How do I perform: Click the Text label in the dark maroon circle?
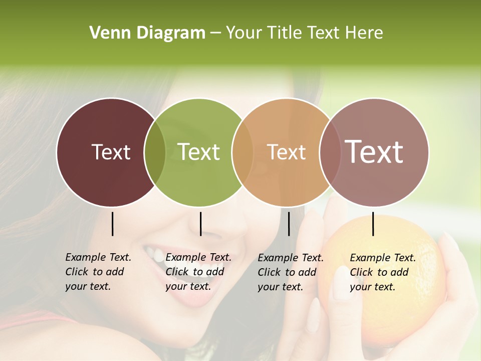111,152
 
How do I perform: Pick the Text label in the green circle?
199,152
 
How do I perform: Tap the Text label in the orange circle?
287,152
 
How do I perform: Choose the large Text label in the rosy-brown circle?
374,152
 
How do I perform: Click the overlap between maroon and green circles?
155,152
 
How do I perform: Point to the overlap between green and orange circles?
243,152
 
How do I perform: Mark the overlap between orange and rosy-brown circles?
330,152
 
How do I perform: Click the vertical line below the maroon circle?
112,224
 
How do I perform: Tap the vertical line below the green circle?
200,224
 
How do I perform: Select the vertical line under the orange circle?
289,224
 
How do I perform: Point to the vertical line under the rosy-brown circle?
373,224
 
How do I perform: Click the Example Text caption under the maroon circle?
98,272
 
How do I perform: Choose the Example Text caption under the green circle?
198,272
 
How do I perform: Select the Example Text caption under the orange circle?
291,272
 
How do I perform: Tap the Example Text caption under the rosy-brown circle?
383,272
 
